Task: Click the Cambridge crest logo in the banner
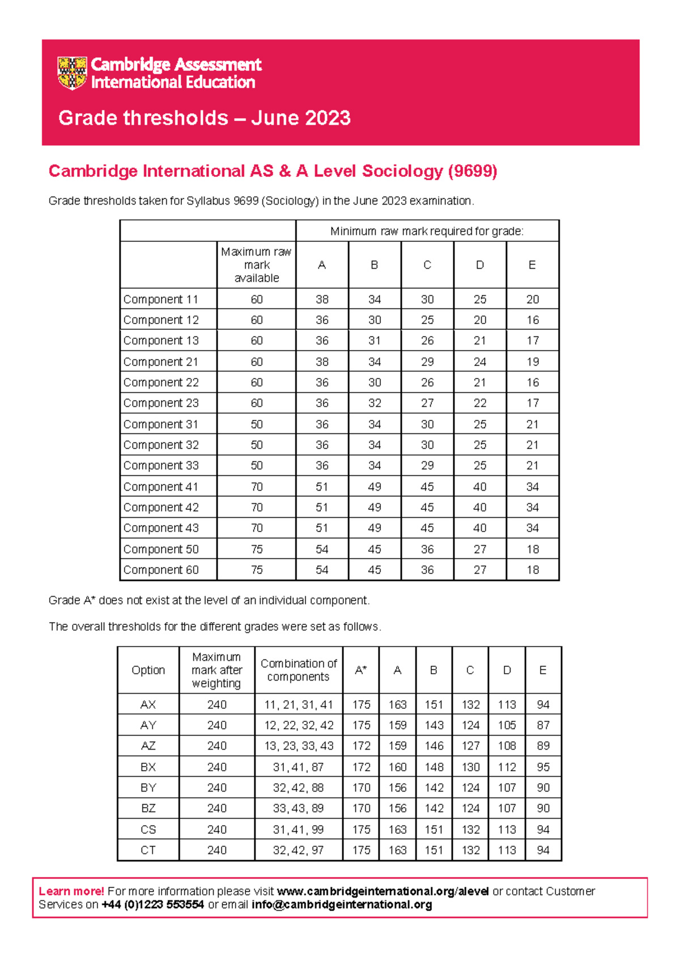72,73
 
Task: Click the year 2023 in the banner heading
328,118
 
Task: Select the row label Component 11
161,299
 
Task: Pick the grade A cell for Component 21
322,362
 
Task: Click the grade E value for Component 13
532,341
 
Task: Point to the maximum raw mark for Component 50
257,549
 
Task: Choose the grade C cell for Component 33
427,465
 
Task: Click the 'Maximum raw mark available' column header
257,265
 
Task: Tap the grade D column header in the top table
479,265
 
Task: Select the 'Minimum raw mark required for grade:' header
427,231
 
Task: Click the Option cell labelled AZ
148,746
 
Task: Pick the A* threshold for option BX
361,767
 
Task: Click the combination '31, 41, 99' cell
298,830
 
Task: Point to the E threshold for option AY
543,725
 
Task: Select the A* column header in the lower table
361,670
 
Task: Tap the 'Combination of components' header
299,670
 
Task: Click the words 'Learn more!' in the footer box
71,891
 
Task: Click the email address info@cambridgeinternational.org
342,905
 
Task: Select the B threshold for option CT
433,850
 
